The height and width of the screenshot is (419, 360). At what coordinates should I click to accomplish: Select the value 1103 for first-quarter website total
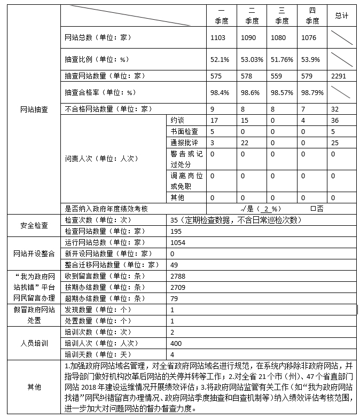pyautogui.click(x=218, y=38)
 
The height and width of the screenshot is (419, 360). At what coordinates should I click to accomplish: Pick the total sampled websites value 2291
pyautogui.click(x=340, y=76)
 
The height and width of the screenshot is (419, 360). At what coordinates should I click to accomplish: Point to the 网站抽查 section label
pyautogui.click(x=34, y=109)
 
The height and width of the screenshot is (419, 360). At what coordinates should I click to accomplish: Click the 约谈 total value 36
pyautogui.click(x=335, y=120)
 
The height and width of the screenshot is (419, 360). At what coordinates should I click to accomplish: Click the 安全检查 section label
pyautogui.click(x=34, y=225)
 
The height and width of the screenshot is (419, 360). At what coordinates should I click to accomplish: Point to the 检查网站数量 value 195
pyautogui.click(x=176, y=231)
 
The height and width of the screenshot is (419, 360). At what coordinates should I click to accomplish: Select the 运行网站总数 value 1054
pyautogui.click(x=178, y=242)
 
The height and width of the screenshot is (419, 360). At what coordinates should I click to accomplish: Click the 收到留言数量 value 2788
pyautogui.click(x=178, y=276)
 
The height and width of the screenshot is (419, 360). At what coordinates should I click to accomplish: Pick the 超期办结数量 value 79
pyautogui.click(x=174, y=298)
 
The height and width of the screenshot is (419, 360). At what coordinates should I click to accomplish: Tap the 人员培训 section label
pyautogui.click(x=34, y=343)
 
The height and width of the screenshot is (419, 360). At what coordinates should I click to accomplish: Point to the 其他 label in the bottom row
pyautogui.click(x=34, y=387)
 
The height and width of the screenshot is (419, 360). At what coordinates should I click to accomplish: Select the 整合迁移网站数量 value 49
pyautogui.click(x=174, y=265)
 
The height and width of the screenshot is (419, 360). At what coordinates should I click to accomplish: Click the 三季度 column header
pyautogui.click(x=282, y=16)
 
